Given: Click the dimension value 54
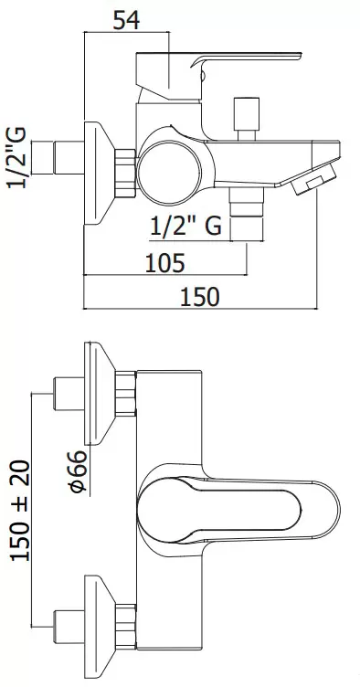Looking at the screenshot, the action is point(126,21).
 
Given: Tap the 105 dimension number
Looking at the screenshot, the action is point(164,263).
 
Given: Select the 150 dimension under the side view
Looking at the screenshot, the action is point(200,297).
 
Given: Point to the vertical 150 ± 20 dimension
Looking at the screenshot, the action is point(21,511).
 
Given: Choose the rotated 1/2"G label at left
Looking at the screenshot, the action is point(16,158).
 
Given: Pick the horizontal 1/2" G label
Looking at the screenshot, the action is point(185,227).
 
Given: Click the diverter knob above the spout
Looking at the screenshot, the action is point(247,119).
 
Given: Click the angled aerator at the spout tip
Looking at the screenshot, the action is point(313,177).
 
